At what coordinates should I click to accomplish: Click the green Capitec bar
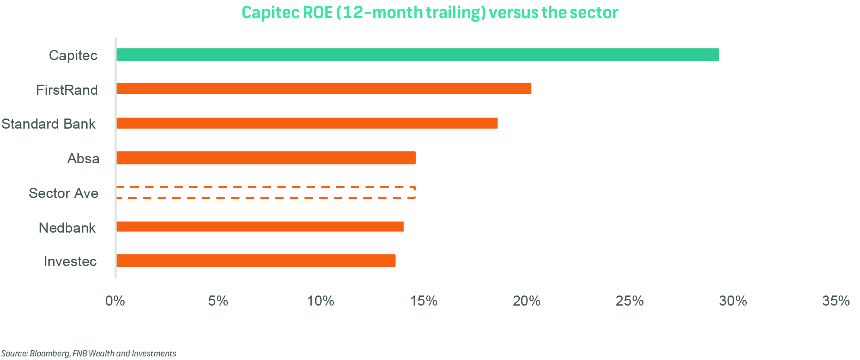click(417, 55)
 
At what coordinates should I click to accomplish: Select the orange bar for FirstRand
click(324, 89)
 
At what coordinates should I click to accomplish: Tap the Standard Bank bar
click(307, 123)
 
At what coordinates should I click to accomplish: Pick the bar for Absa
click(266, 158)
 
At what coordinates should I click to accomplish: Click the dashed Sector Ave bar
click(266, 193)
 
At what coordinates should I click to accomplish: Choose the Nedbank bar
click(260, 227)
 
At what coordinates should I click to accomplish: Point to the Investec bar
click(256, 261)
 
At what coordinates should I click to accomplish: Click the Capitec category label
click(73, 55)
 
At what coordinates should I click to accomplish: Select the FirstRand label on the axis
click(67, 90)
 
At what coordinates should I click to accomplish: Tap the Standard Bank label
click(48, 124)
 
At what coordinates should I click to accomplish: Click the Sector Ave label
click(63, 193)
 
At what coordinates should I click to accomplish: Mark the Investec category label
click(70, 262)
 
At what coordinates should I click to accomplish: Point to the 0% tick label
click(115, 301)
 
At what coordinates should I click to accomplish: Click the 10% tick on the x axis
click(321, 301)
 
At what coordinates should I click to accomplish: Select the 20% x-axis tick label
click(526, 301)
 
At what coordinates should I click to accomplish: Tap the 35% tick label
click(836, 301)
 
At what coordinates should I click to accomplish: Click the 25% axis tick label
click(629, 301)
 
